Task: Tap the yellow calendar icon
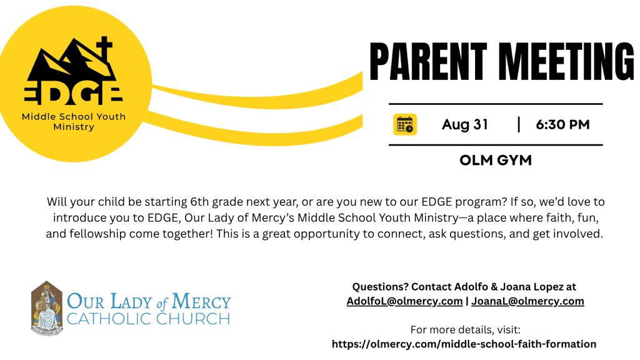(x=405, y=124)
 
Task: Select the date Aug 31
(x=465, y=124)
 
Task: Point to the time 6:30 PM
(x=563, y=124)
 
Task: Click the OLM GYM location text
(x=496, y=161)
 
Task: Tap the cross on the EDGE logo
(x=104, y=50)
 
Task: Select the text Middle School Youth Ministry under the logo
(x=74, y=122)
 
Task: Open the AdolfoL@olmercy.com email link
(x=404, y=301)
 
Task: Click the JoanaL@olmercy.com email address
(x=527, y=301)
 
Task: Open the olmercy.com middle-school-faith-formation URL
(x=464, y=344)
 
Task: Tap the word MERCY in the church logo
(x=201, y=302)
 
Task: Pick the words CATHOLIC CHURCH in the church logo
(x=149, y=319)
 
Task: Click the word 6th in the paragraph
(x=199, y=202)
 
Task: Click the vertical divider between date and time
(x=519, y=124)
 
